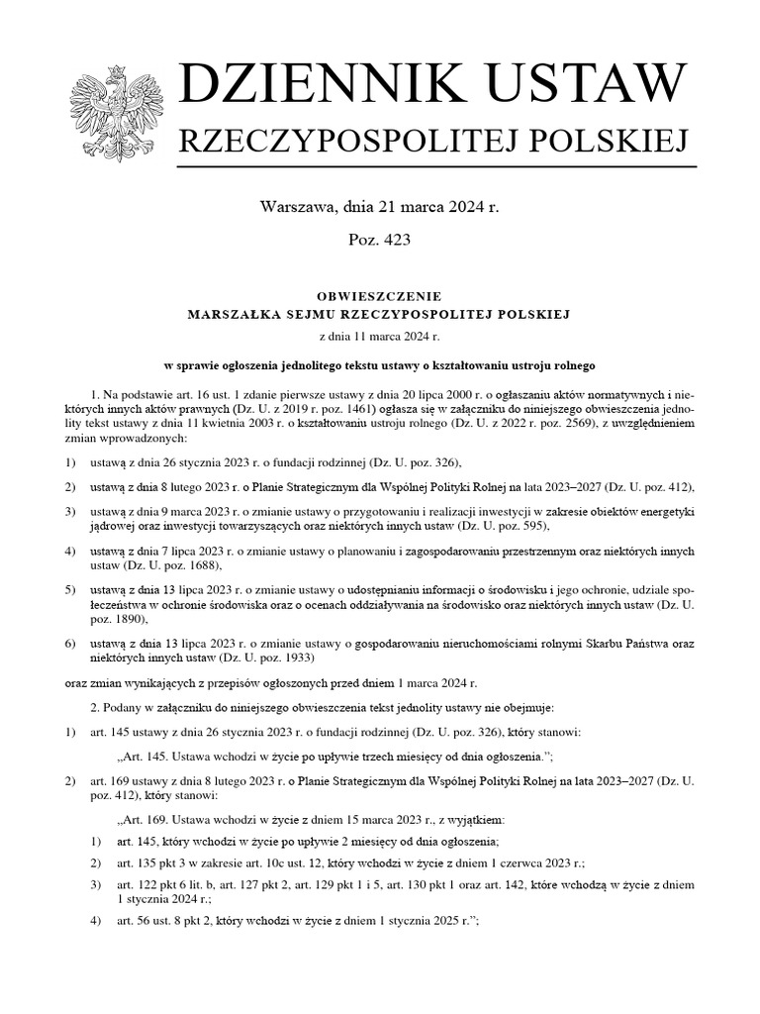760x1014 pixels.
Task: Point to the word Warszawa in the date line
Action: pyautogui.click(x=297, y=207)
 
